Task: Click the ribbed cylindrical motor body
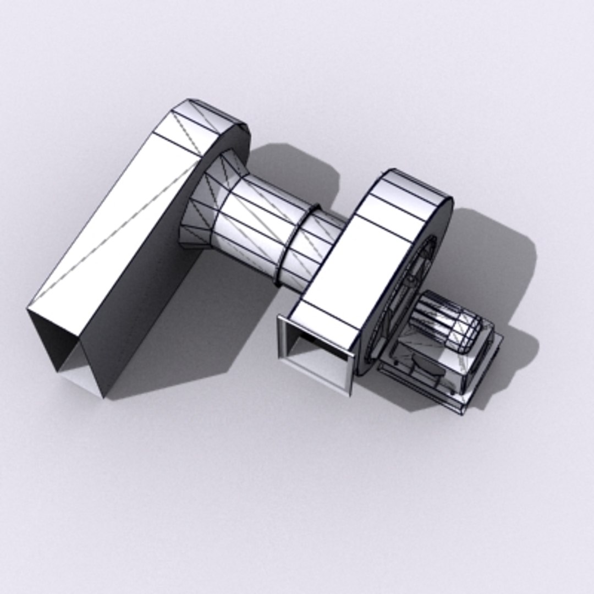point(440,319)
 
